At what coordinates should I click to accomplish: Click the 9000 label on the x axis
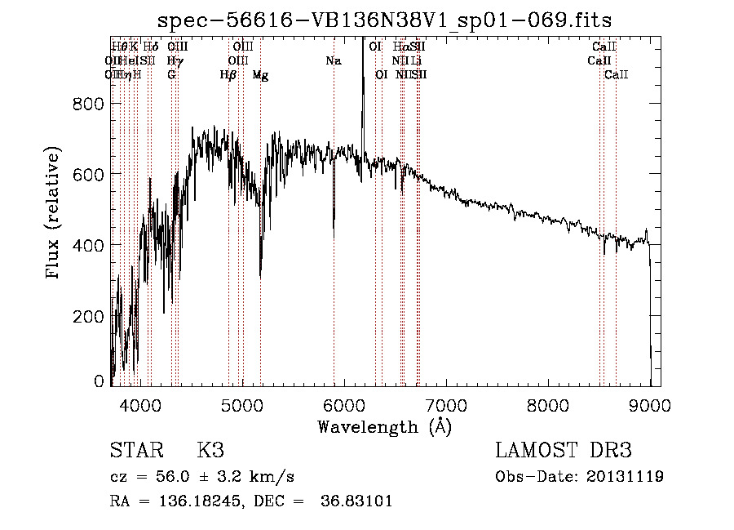click(650, 403)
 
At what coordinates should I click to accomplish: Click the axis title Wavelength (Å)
click(384, 425)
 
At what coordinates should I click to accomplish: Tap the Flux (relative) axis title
click(54, 215)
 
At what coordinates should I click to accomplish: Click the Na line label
click(333, 60)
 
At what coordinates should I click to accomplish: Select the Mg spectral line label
click(260, 75)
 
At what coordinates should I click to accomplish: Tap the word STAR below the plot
click(135, 451)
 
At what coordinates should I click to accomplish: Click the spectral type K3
click(210, 451)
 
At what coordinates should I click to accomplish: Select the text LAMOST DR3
click(563, 451)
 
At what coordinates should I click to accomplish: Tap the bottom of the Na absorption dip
click(334, 238)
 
